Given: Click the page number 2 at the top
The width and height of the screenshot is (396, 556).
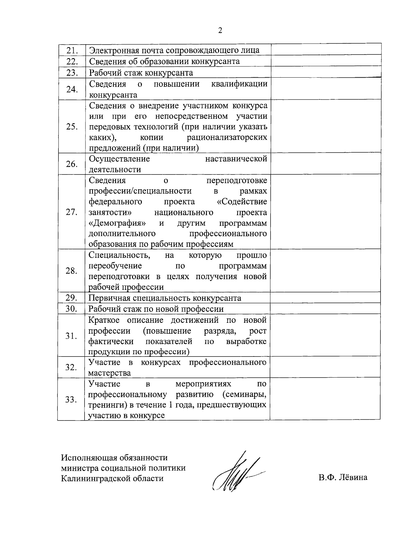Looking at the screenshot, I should pos(220,31).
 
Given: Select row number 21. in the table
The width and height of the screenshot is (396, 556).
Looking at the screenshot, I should pos(72,51).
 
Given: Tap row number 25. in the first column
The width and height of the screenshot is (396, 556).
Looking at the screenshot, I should pos(72,127).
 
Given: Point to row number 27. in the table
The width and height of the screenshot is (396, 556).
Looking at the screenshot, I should pos(72,212).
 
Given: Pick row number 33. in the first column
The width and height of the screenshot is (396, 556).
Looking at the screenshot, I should pos(71,400).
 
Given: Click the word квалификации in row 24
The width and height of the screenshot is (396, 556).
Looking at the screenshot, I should pos(239,84).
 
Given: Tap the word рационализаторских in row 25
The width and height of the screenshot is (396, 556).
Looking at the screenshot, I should pos(227,137).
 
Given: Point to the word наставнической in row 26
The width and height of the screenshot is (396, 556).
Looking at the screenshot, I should pos(236,159).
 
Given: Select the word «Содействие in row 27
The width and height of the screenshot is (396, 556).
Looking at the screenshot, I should pos(244,202).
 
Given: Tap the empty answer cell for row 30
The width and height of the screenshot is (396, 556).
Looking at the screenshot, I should pos(325,309).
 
